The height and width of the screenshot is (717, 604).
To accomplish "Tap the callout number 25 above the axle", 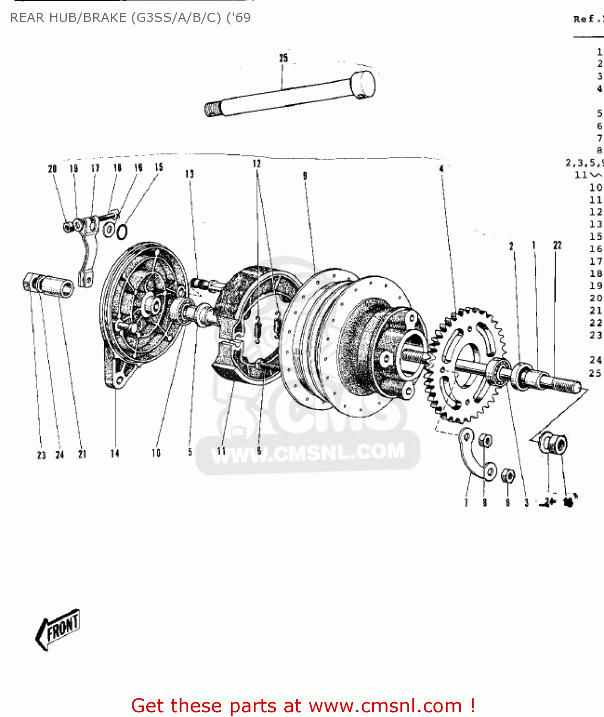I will (283, 58).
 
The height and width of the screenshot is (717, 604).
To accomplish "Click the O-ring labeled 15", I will (122, 232).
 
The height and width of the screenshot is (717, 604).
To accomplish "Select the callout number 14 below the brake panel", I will (115, 453).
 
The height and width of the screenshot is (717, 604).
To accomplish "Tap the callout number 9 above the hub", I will (305, 176).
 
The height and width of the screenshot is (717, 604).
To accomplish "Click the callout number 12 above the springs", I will (257, 164).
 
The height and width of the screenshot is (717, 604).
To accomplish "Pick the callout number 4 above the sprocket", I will (442, 168).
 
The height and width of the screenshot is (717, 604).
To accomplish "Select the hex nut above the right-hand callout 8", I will (507, 476).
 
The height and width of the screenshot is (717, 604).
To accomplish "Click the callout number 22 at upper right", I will (557, 245).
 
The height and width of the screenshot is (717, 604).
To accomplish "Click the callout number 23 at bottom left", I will (42, 455).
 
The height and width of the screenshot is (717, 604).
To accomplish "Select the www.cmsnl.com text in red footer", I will (385, 706).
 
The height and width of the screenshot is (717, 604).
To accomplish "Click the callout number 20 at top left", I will (53, 169).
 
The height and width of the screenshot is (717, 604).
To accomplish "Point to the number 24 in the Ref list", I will (595, 359).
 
